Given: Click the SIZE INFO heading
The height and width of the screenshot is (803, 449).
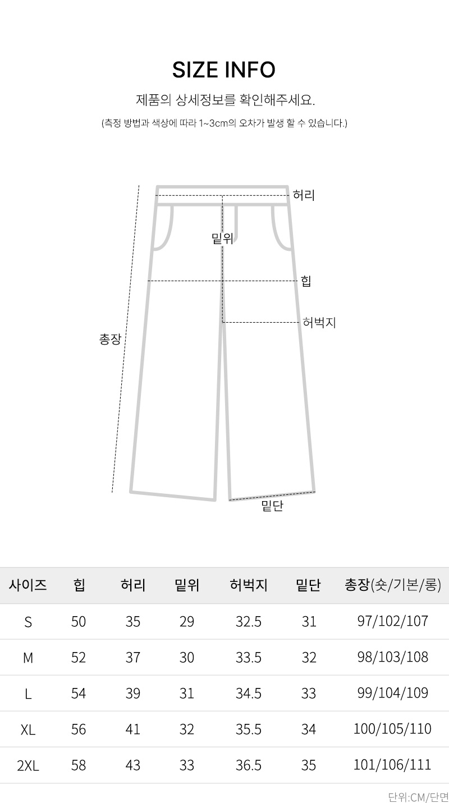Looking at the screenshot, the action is coord(224,70).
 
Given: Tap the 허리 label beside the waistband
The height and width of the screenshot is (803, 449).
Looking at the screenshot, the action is coord(304,195).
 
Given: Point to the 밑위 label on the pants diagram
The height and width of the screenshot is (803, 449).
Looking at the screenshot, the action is coord(223,238).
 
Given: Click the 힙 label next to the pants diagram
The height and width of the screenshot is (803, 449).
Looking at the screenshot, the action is coord(306,281).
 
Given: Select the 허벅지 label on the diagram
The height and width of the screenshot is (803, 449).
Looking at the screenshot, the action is coord(319,323).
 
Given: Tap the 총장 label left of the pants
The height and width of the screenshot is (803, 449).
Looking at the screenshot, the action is coord(111,339).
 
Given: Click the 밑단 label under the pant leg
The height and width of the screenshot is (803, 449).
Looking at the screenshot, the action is coord(273,506).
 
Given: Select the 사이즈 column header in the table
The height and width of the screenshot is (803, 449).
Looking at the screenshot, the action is coord(28,585).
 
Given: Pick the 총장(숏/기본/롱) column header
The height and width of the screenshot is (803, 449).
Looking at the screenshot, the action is coord(393,585).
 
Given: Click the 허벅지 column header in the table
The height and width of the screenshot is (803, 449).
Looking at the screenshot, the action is coord(249,585).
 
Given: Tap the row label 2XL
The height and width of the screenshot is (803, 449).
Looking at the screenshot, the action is coord(28,766).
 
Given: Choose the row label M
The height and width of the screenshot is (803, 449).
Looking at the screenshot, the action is coord(28,658).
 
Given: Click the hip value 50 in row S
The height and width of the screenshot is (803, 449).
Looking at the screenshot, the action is coord(79,622).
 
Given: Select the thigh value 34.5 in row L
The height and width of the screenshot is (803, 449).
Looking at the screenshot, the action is coord(249,694).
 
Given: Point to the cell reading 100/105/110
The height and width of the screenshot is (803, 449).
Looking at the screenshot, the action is coord(393,729).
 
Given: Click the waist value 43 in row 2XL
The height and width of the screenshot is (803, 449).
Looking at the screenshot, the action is coord(132,765).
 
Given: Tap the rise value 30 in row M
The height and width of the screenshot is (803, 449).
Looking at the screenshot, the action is coord(187,658).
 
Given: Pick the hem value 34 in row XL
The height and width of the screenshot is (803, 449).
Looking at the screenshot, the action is coord(309,729).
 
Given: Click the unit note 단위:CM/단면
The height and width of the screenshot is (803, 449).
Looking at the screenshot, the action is coord(419,797).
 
